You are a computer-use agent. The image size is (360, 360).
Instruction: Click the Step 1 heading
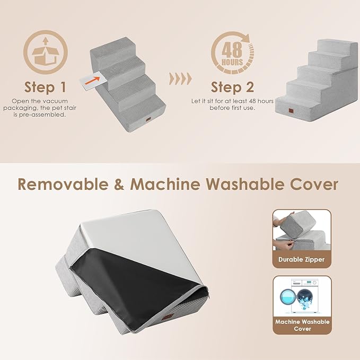point(45,86)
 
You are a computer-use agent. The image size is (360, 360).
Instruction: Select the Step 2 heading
point(232,86)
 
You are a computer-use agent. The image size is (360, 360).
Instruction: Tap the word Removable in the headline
point(68,184)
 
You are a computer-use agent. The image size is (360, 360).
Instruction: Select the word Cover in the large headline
point(317,184)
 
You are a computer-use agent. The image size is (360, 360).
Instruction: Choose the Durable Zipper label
point(301,260)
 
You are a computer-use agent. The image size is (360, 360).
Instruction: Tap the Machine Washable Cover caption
point(302,325)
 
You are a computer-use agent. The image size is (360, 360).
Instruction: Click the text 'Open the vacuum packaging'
point(45,101)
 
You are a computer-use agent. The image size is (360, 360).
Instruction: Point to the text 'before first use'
point(232,108)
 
